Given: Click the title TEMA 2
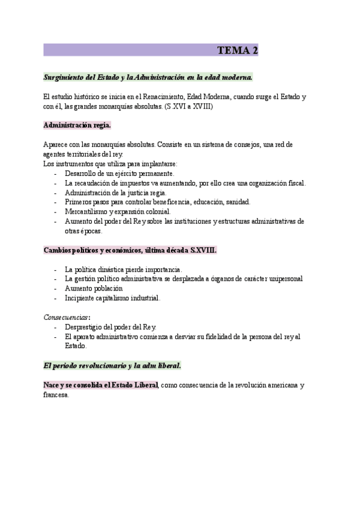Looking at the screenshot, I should click(x=238, y=50).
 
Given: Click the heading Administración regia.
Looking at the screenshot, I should click(x=77, y=125).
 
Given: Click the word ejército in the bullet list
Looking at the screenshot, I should click(x=126, y=173).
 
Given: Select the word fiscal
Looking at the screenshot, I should click(x=295, y=182).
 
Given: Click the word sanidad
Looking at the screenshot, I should click(x=237, y=202).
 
